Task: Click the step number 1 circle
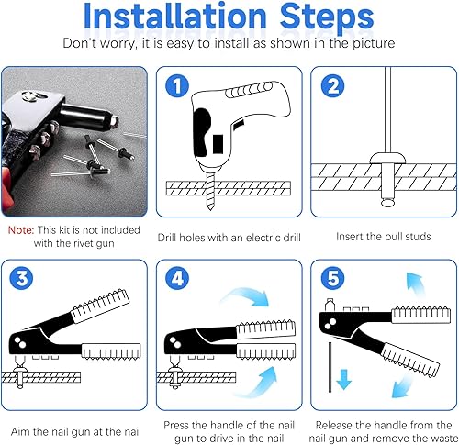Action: (x=177, y=86)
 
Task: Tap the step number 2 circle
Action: (x=332, y=86)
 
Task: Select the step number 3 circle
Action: (x=21, y=278)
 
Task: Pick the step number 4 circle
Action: (x=177, y=278)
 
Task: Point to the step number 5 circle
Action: (x=332, y=278)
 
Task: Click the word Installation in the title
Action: (x=175, y=16)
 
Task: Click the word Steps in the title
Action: (x=327, y=17)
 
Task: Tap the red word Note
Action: (x=21, y=230)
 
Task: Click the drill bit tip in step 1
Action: (x=210, y=208)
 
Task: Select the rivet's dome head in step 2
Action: (x=387, y=158)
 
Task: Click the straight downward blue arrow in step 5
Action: (x=343, y=379)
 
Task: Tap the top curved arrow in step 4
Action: (x=246, y=295)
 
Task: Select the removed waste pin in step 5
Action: (x=330, y=367)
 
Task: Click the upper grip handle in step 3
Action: (x=100, y=306)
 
